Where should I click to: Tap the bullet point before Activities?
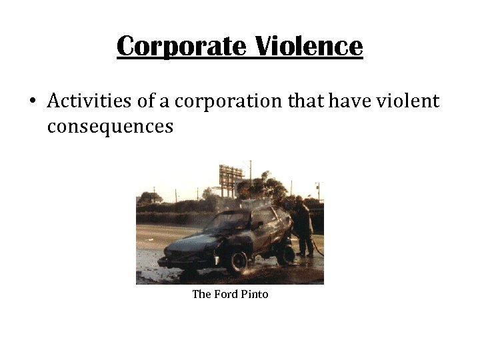click(x=32, y=101)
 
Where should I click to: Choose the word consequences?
click(x=110, y=126)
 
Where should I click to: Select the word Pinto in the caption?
click(x=255, y=294)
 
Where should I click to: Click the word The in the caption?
click(x=201, y=294)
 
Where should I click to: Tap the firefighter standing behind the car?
click(x=304, y=227)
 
